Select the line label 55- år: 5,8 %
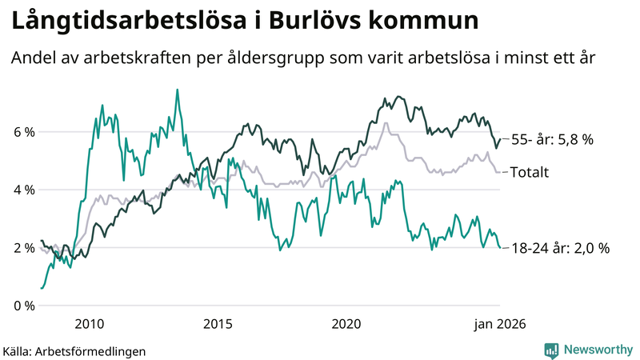[552, 139]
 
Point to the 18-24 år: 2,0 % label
[560, 248]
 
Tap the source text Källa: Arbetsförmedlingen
[74, 350]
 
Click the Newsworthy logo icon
[551, 350]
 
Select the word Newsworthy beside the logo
[597, 350]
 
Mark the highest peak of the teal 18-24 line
[177, 90]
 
